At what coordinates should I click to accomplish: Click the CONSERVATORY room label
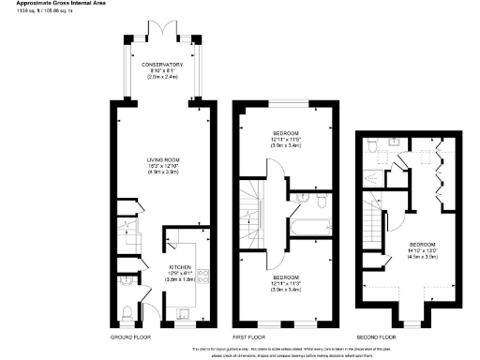point(163,65)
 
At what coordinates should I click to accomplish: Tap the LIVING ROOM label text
point(163,160)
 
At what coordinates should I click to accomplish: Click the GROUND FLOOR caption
point(131,335)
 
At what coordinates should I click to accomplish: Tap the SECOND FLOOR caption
point(378,335)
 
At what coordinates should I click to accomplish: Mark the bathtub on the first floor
point(307,226)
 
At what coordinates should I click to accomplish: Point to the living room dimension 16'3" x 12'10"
point(163,167)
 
